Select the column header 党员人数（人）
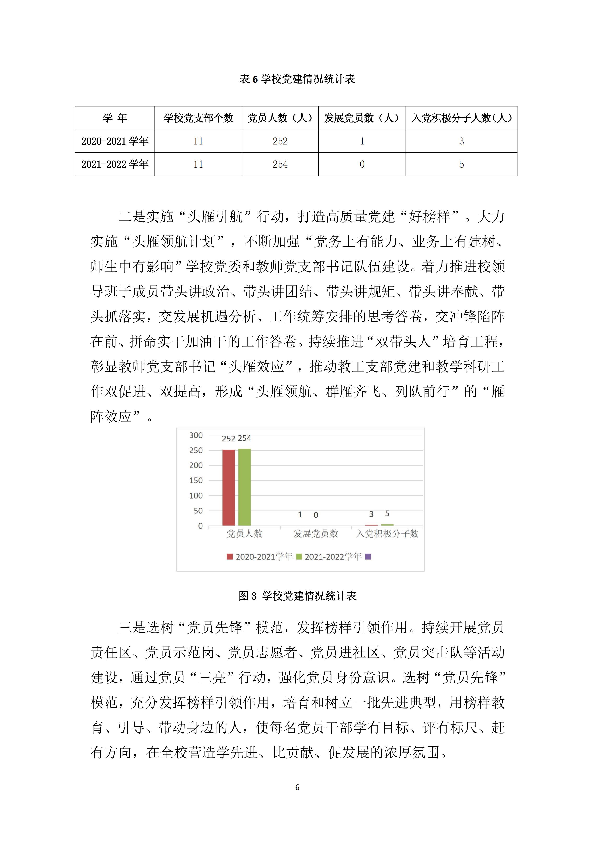click(280, 118)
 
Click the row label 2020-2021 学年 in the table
click(114, 141)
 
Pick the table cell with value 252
click(280, 141)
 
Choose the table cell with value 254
click(280, 164)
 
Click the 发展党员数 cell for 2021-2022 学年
click(362, 164)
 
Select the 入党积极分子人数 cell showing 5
click(461, 164)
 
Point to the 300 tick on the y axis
click(196, 435)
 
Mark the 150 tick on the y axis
click(196, 481)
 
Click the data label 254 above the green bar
click(244, 438)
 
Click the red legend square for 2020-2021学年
click(230, 557)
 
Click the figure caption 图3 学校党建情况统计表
click(297, 596)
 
